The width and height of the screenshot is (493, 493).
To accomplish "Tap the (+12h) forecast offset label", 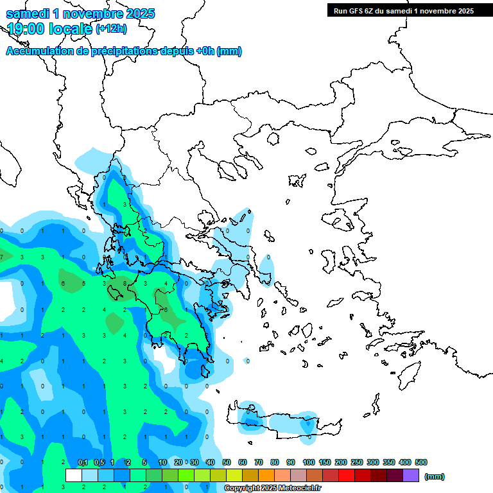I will click(x=111, y=28).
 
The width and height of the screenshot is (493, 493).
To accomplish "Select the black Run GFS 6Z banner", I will click(x=401, y=10).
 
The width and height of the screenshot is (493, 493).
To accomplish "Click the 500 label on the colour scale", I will click(x=421, y=462).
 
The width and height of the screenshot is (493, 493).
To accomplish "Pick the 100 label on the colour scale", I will click(x=309, y=462).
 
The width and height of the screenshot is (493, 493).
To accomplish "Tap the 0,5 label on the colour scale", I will click(x=99, y=462).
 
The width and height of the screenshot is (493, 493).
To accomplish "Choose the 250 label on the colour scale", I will click(x=357, y=462).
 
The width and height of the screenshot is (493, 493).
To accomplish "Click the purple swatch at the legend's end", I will click(x=411, y=475).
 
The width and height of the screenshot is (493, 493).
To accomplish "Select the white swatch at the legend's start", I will click(x=74, y=475).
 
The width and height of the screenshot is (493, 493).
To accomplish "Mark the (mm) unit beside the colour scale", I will click(x=435, y=476).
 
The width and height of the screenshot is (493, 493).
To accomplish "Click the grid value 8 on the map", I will click(x=125, y=283).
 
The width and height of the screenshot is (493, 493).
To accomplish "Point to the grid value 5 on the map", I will click(x=83, y=283).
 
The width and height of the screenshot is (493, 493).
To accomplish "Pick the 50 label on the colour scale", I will click(x=227, y=462).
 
